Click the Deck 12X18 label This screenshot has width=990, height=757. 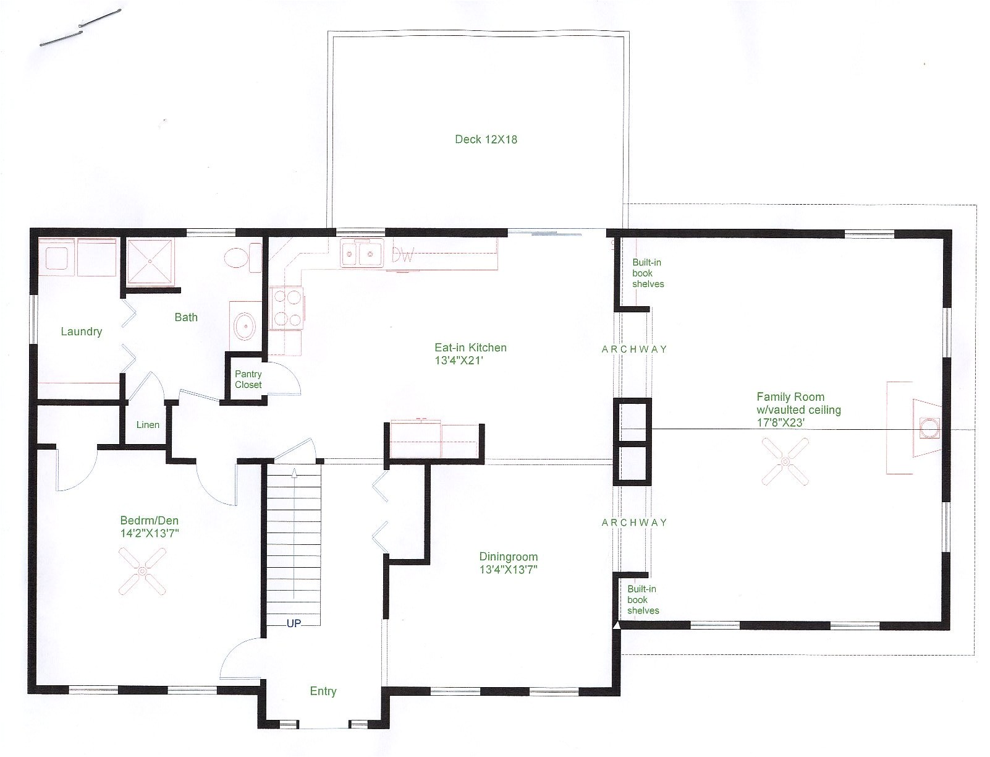click(486, 139)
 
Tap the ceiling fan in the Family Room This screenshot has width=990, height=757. click(785, 461)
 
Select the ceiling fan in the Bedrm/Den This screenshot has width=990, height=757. click(143, 572)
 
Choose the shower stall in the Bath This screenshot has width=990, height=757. click(151, 262)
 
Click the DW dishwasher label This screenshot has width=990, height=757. click(403, 255)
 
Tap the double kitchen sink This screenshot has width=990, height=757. click(362, 254)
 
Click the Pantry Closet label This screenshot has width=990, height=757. click(248, 379)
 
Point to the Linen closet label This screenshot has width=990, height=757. click(148, 425)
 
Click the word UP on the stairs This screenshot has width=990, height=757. click(294, 623)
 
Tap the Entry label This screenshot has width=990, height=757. click(323, 691)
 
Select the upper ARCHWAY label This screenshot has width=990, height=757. click(634, 349)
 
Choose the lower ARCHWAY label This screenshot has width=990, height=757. click(634, 523)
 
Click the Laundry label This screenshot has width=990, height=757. click(82, 331)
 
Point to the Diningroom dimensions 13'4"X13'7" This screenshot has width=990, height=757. click(508, 570)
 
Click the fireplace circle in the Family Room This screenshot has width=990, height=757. click(928, 427)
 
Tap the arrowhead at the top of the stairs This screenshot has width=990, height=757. click(294, 473)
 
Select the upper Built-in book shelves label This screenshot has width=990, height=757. click(648, 273)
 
